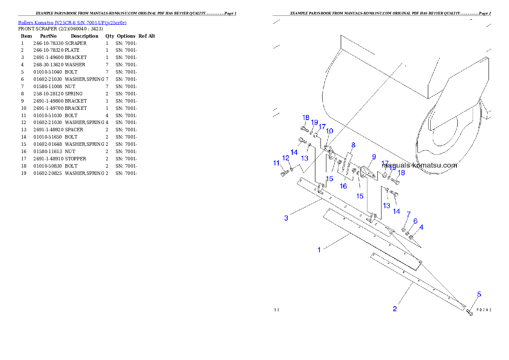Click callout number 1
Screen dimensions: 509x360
319,250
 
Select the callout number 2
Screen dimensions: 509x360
395,309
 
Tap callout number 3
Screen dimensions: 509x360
286,218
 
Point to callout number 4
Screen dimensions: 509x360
421,227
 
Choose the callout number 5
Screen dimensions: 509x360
479,294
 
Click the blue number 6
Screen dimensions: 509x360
415,221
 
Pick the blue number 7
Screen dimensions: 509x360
408,214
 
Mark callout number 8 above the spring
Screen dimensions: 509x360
353,145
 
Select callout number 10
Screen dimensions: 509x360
329,131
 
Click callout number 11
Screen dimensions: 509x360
276,163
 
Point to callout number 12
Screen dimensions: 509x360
286,158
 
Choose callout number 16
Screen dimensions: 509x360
343,186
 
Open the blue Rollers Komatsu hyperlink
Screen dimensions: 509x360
72,22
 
